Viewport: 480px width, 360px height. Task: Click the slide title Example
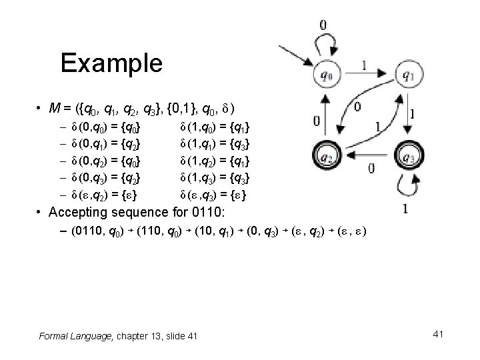click(111, 63)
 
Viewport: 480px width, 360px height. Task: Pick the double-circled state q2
click(326, 158)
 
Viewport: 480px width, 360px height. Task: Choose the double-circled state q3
click(408, 158)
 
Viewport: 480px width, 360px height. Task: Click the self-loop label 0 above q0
click(323, 25)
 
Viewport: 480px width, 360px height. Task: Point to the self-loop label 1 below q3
click(405, 209)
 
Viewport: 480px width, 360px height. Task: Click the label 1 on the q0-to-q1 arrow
click(363, 65)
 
